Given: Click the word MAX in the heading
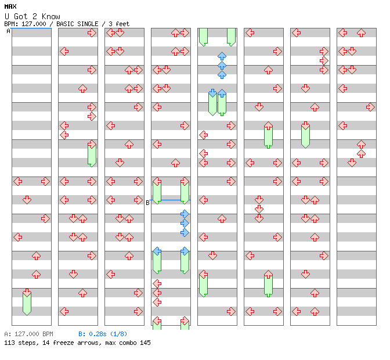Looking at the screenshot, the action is tap(10, 6).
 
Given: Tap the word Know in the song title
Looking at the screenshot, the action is tap(50, 16).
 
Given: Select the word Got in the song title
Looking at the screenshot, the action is tap(21, 16).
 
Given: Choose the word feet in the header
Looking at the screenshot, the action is tap(122, 24).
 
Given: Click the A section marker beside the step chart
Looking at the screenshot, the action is tap(9, 31).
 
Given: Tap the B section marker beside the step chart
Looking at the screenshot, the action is tap(147, 203).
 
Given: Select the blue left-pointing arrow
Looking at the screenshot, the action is tap(157, 251).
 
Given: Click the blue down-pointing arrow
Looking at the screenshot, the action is tap(212, 93).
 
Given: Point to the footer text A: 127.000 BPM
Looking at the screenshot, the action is tap(28, 334).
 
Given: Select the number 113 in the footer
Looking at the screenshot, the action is tap(9, 343).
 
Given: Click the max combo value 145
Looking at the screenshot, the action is tap(145, 343).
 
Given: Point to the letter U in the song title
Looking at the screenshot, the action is tap(7, 16).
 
